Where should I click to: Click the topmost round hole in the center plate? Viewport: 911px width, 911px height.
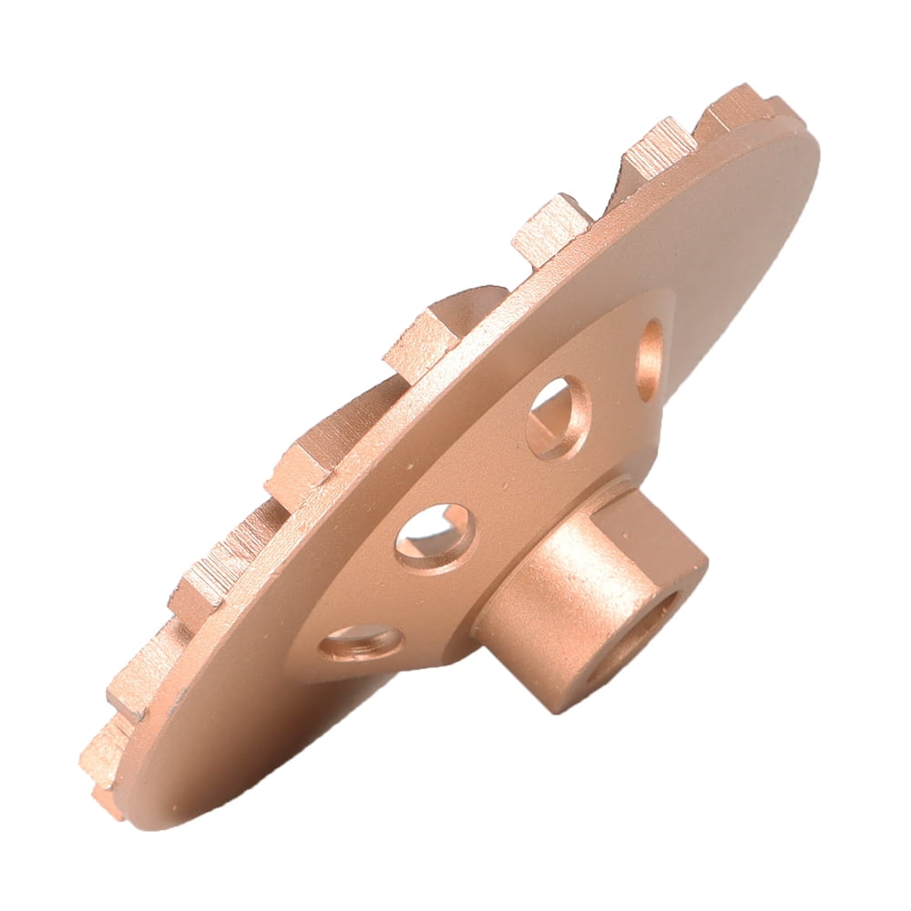pyautogui.click(x=650, y=359)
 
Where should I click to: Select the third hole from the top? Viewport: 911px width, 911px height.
pyautogui.click(x=435, y=537)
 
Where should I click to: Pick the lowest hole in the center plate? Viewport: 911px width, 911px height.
pyautogui.click(x=361, y=643)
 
